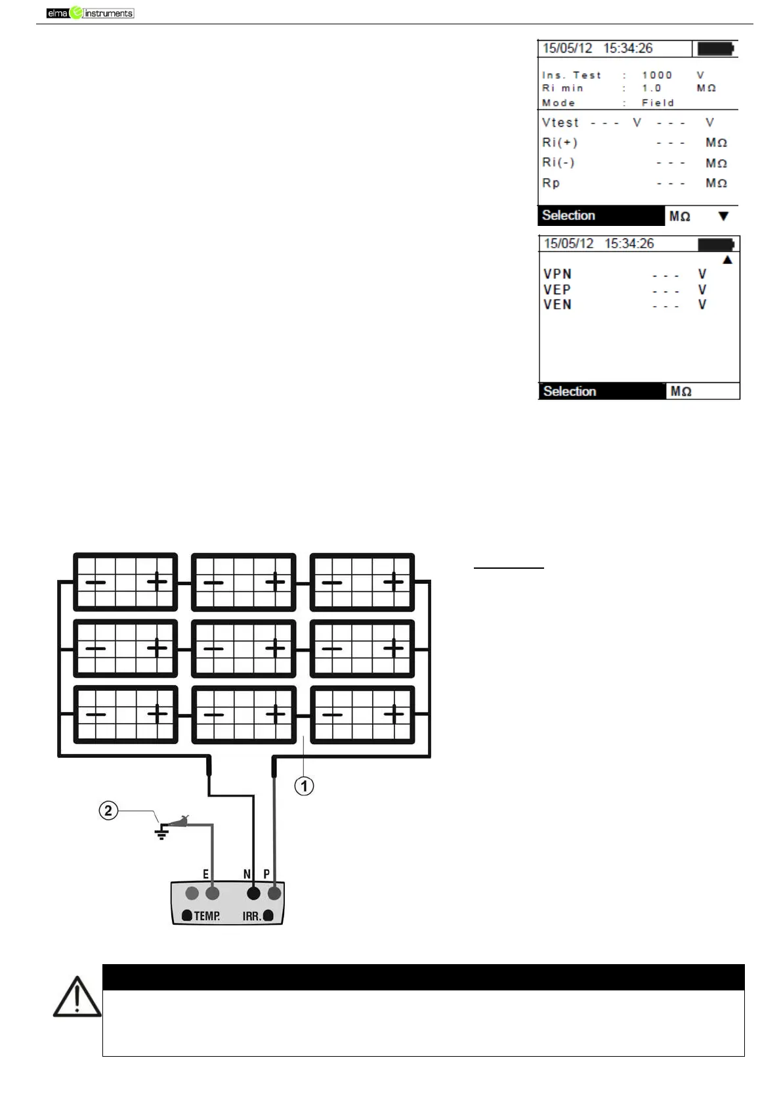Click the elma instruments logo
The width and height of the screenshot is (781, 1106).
tap(90, 12)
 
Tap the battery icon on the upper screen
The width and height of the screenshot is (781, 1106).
tap(715, 49)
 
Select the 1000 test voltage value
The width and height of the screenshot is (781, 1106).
tap(656, 76)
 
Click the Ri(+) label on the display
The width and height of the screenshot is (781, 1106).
tap(559, 143)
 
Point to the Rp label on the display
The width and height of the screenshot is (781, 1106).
tap(551, 183)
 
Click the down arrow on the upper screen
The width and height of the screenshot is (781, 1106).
tap(723, 216)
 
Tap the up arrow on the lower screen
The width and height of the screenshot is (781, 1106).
tap(727, 260)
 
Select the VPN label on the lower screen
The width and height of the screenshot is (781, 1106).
tap(557, 275)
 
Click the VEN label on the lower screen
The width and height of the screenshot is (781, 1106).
tap(557, 305)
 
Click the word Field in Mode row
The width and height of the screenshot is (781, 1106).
tap(658, 103)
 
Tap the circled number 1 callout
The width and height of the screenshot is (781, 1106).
tap(304, 785)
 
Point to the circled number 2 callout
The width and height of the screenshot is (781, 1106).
tap(109, 810)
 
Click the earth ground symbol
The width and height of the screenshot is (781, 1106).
tap(161, 833)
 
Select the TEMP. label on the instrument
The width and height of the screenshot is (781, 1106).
tap(206, 916)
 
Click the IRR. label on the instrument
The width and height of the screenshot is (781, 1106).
tap(251, 916)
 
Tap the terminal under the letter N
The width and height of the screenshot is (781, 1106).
tap(253, 893)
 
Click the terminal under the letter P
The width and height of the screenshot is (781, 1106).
tap(274, 893)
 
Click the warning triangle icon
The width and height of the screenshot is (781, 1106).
tap(77, 997)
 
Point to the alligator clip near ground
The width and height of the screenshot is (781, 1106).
tap(179, 820)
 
